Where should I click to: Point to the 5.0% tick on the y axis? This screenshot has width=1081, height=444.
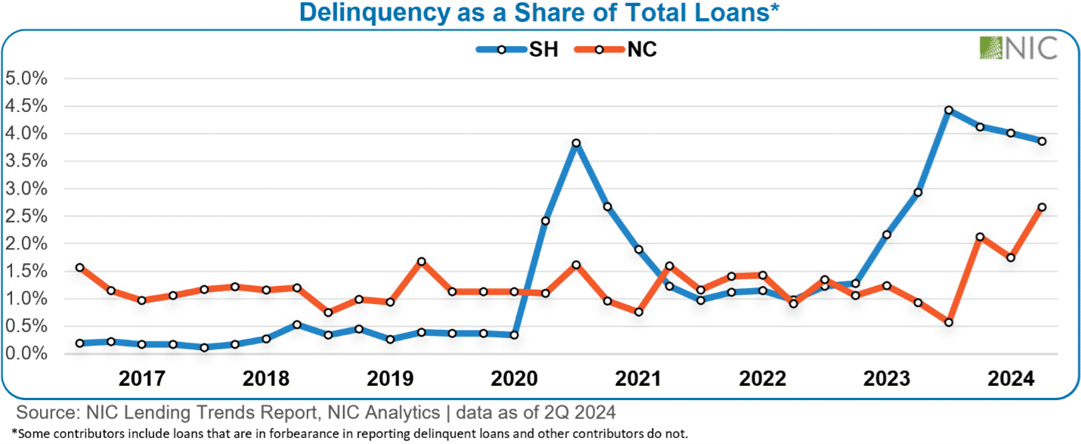(26, 79)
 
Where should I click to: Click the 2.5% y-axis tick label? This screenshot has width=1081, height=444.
(26, 216)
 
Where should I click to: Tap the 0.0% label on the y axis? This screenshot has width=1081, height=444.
(26, 354)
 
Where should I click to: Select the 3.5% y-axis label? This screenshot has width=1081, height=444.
(26, 161)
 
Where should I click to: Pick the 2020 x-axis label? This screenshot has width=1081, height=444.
(513, 378)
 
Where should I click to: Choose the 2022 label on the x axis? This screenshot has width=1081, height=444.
(762, 378)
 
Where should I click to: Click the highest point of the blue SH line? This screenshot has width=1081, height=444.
(949, 110)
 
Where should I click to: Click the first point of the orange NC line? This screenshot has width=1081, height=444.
(79, 268)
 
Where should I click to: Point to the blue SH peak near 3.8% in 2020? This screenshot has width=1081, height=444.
(576, 143)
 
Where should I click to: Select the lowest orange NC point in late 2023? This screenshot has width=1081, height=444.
(949, 323)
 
